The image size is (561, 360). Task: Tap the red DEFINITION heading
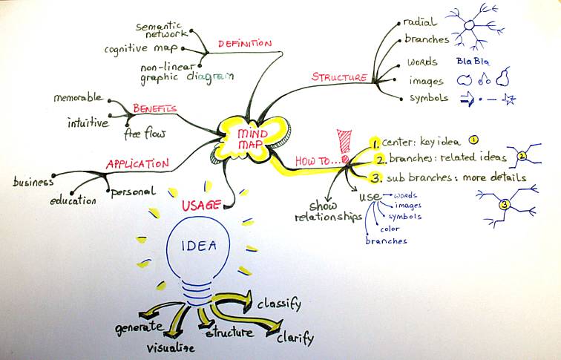pos(244,44)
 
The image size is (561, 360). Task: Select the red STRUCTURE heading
pos(339,77)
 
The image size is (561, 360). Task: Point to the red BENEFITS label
pos(154,108)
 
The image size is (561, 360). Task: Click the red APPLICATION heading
pos(137,164)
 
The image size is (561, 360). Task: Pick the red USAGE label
pos(200,204)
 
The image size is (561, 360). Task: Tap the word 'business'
pos(33,182)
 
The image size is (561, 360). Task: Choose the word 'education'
pos(73,200)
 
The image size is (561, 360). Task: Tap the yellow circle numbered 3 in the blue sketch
pos(504,204)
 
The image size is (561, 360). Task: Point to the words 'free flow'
pos(145,134)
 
